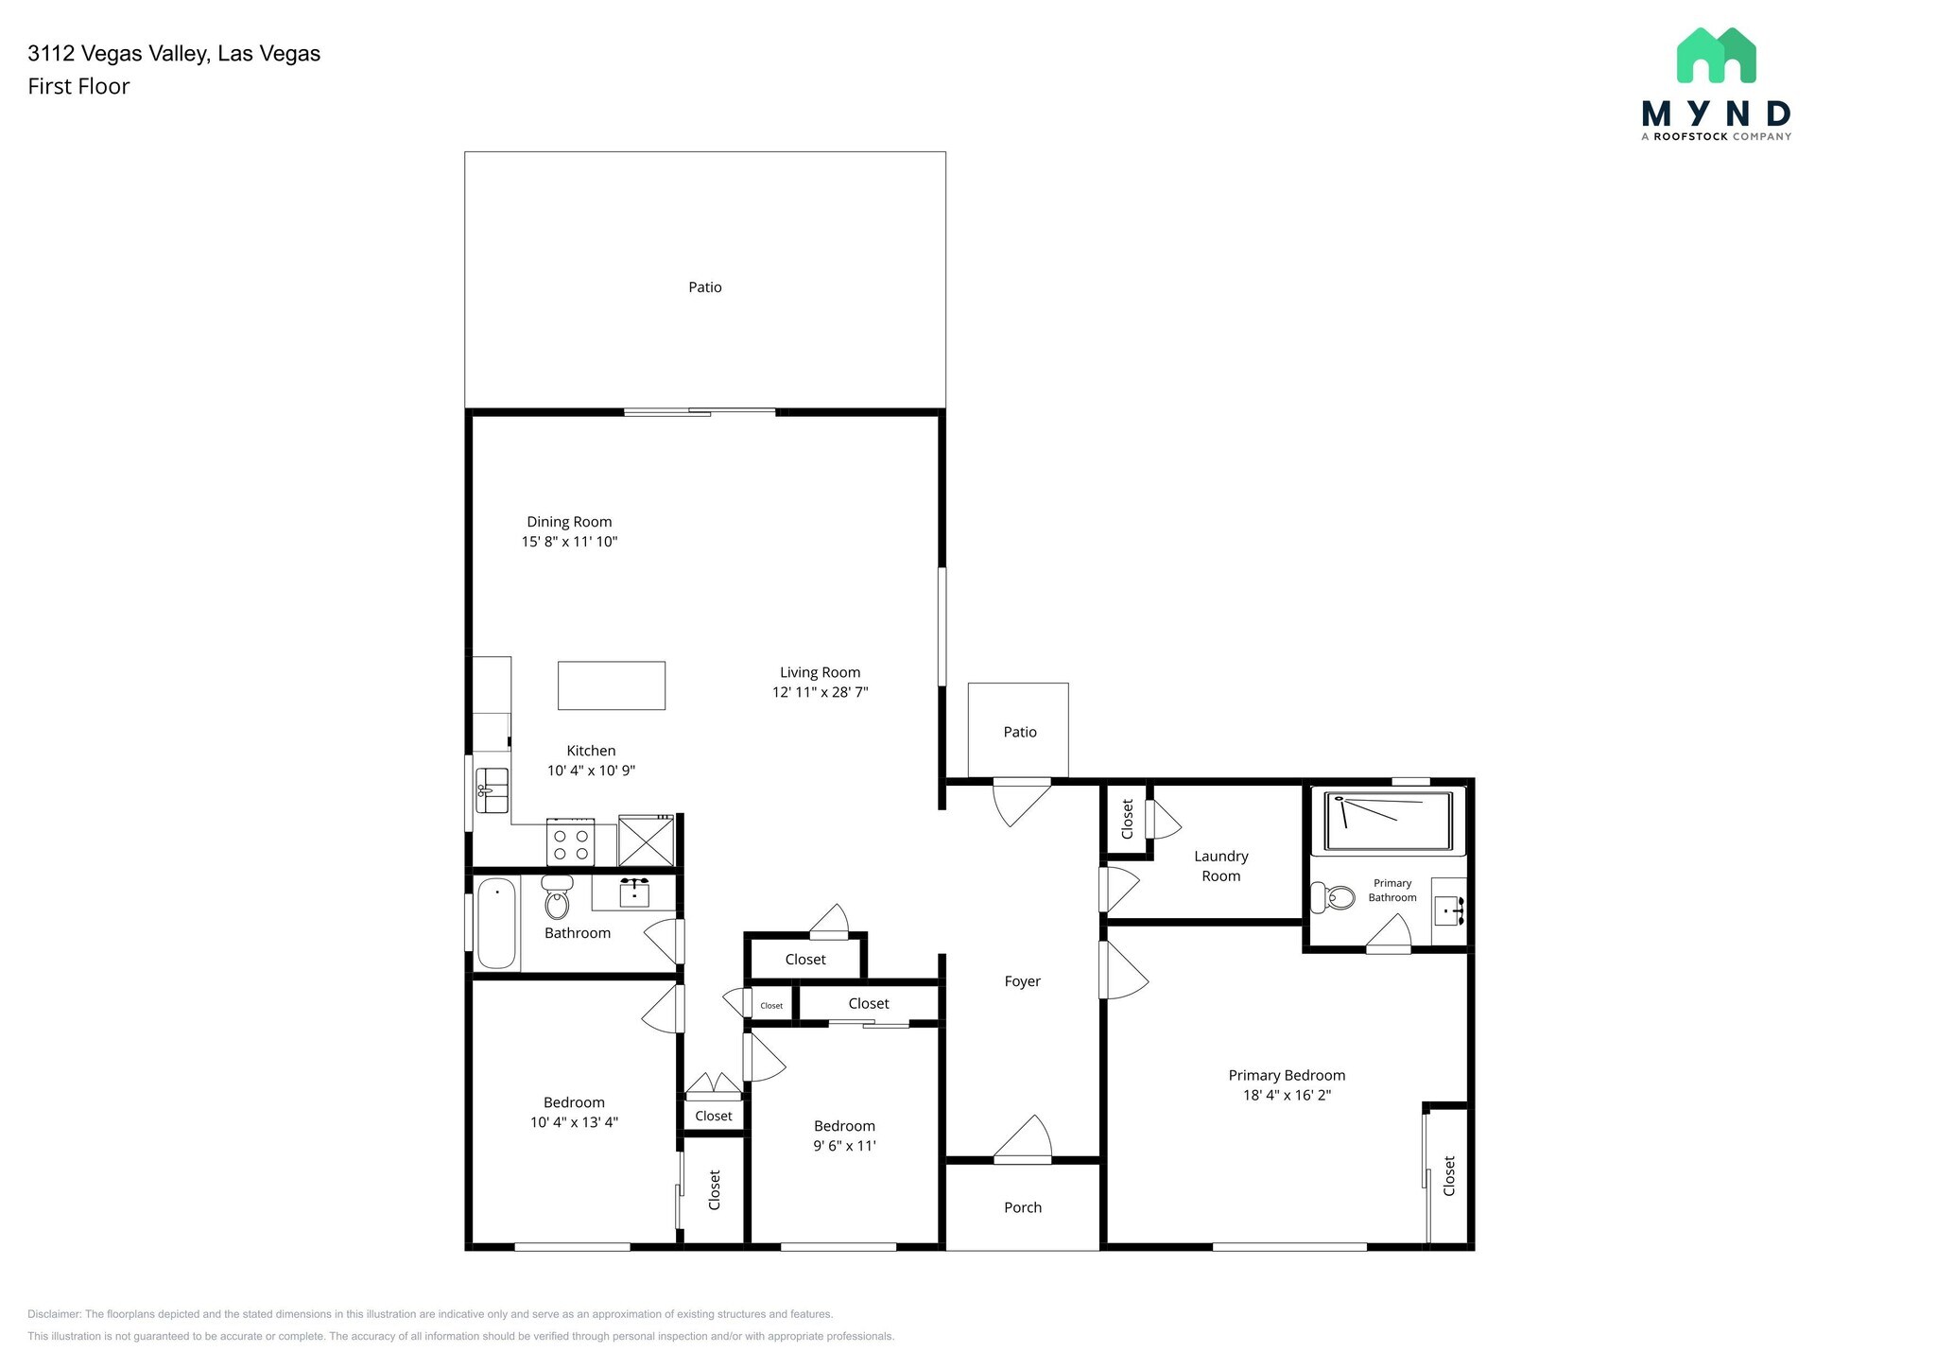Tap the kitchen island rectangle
(611, 685)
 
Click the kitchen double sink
(492, 790)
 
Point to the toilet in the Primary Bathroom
(1333, 896)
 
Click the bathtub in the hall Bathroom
(496, 924)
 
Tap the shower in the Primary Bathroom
(1388, 821)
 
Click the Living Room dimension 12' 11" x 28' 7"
(820, 692)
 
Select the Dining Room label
(569, 522)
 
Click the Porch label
(1023, 1207)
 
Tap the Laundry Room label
(1220, 866)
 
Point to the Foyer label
(1022, 981)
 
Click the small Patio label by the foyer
(1020, 732)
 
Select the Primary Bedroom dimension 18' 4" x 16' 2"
(1287, 1095)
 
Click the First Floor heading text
(78, 86)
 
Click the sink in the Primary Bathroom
(1448, 911)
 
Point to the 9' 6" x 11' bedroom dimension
(844, 1146)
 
